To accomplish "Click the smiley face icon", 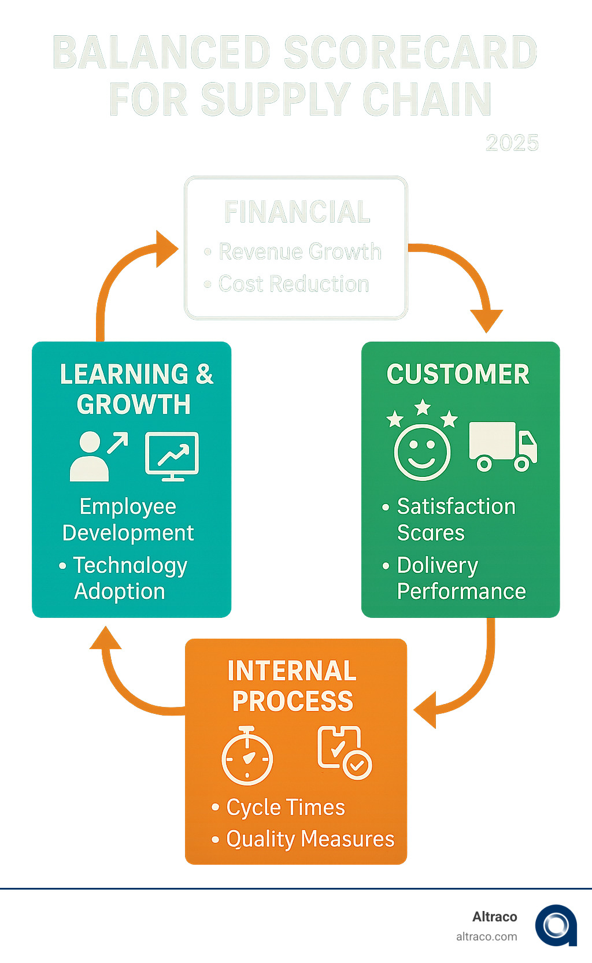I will point(422,451).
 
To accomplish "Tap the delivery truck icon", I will point(502,446).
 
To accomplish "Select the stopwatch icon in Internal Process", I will point(247,756).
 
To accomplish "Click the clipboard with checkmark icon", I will point(344,753).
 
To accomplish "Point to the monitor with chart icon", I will point(172,456).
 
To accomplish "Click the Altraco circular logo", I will point(556,925).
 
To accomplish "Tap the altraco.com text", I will point(486,936).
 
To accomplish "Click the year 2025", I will point(512,143).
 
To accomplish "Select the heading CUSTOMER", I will point(458,374).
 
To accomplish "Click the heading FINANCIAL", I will point(297,212).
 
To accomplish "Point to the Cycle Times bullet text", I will point(286,808).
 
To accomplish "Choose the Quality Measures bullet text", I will point(310,839).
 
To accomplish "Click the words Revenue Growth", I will point(300,251).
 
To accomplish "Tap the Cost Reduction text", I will point(294,284).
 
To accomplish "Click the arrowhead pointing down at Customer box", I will point(486,320).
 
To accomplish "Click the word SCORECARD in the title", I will point(410,52).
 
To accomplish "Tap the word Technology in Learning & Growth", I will point(130,565).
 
